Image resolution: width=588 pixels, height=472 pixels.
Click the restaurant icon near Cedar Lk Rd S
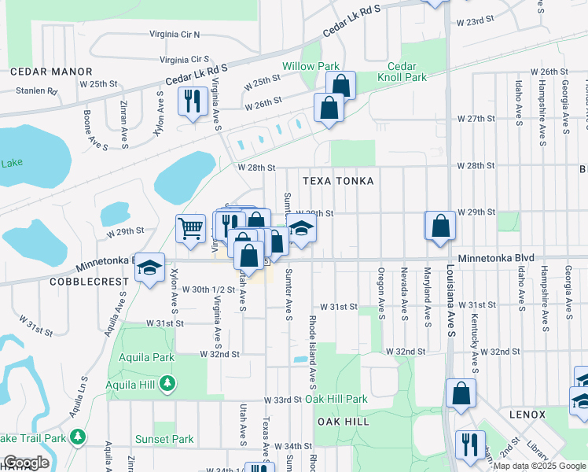coord(191,101)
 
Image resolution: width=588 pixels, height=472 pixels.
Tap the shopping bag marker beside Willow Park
coord(341,85)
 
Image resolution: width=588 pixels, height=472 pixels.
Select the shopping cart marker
coord(190,229)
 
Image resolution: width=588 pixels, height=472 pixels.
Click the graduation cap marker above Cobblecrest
coord(149,267)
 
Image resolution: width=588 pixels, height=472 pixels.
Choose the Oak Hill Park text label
coord(336,400)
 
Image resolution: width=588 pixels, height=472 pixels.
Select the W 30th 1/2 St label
coord(208,289)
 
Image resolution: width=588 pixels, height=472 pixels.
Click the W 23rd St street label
coord(476,18)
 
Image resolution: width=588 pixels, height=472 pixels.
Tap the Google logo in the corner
coord(25,463)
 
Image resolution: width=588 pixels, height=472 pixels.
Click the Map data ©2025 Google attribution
coord(539,466)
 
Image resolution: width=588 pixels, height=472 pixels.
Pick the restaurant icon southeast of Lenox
coord(470,444)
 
